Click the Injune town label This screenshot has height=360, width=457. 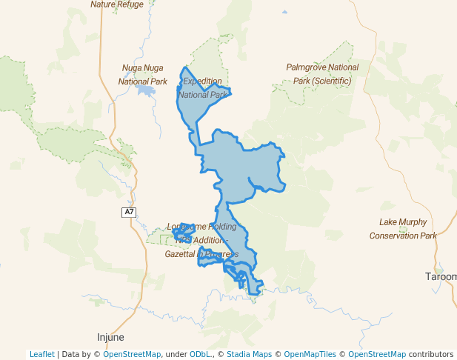[111, 336]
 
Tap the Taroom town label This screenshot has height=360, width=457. [441, 276]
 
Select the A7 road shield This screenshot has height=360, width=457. [130, 213]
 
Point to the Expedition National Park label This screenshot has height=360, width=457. [202, 87]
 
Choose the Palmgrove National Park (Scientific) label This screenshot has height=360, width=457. [322, 73]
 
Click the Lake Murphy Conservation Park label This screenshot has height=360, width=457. [404, 228]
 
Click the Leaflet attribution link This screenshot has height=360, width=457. [41, 354]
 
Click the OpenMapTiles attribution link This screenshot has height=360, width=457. [310, 354]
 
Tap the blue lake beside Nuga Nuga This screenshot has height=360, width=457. [144, 91]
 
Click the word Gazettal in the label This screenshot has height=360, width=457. [179, 254]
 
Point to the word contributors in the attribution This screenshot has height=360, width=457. [430, 354]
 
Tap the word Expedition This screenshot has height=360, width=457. [202, 81]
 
